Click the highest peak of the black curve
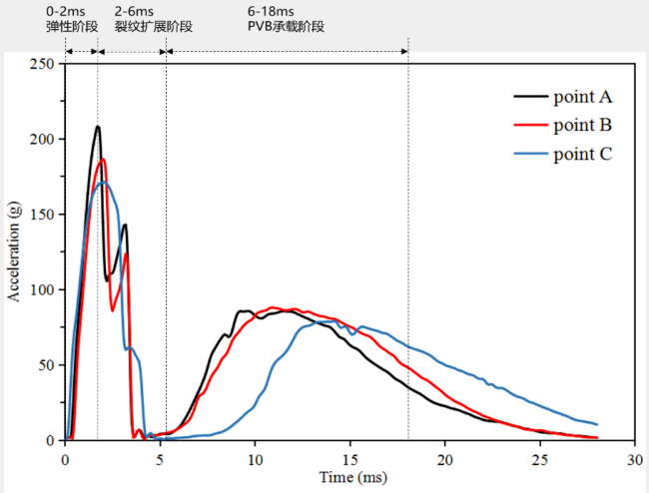click(x=98, y=127)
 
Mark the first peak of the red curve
click(x=102, y=160)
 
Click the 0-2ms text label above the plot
click(x=66, y=11)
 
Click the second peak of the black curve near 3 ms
click(x=125, y=225)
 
